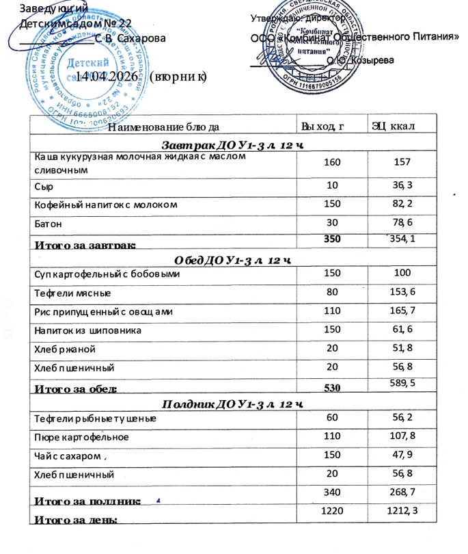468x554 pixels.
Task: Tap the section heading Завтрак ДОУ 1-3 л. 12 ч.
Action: pos(234,145)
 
